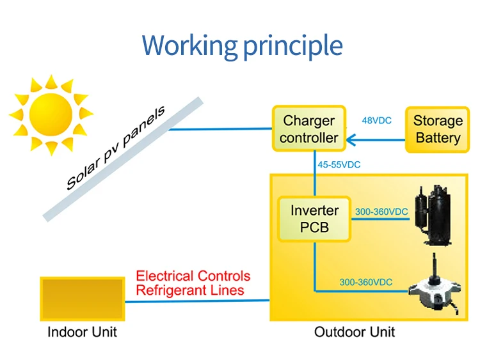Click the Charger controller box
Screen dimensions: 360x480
coord(309,129)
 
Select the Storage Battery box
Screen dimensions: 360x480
coord(438,129)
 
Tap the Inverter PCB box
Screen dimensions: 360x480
coord(314,219)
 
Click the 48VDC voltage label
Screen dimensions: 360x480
coord(377,120)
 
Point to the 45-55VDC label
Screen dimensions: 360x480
coord(339,164)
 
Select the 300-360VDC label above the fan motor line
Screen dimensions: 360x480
coord(366,282)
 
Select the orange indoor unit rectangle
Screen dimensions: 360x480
coord(82,298)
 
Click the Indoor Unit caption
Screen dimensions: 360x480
coord(83,332)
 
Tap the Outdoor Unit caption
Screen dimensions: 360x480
coord(355,332)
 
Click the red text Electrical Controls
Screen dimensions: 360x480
coord(193,276)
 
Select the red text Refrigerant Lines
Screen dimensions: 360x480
coord(190,290)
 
